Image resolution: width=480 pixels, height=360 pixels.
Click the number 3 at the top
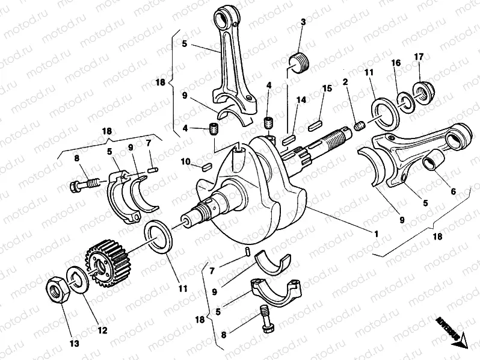(x=303, y=22)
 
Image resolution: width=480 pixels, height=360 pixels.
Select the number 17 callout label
(x=418, y=57)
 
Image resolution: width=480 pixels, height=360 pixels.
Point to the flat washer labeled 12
(x=77, y=279)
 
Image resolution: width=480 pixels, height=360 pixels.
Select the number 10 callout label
(x=186, y=161)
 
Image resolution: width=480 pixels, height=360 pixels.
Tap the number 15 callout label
(x=327, y=88)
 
